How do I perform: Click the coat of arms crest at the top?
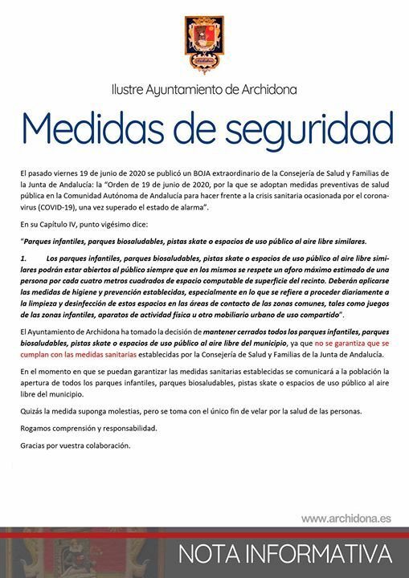[x=204, y=43]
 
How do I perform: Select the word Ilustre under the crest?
[x=131, y=88]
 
